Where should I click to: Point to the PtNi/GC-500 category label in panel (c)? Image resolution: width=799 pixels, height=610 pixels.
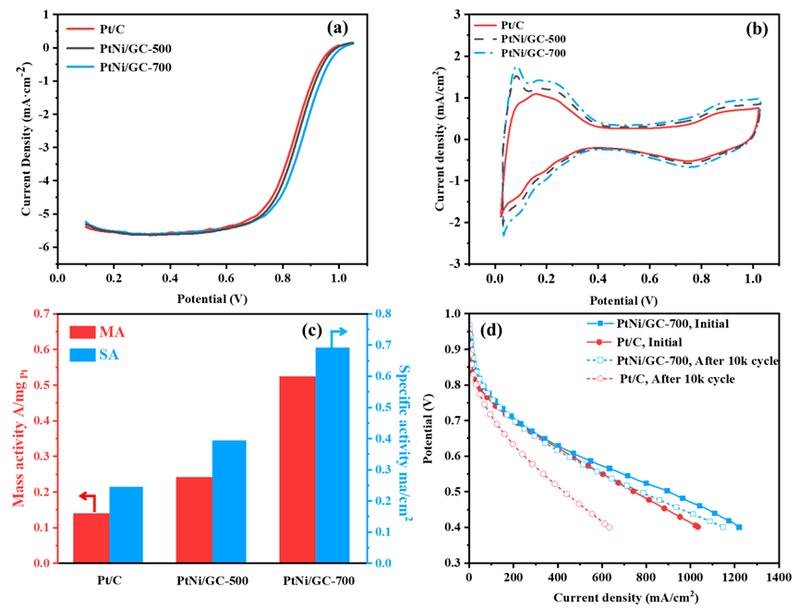[x=212, y=580]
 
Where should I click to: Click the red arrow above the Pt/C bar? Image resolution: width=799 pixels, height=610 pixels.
[x=86, y=500]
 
